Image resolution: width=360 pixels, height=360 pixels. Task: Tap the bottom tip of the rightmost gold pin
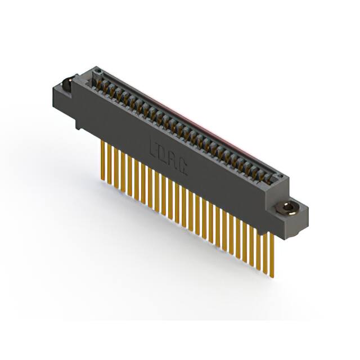click(272, 276)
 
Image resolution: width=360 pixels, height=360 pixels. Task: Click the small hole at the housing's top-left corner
click(97, 71)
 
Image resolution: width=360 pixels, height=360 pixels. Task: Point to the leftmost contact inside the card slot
click(105, 85)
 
